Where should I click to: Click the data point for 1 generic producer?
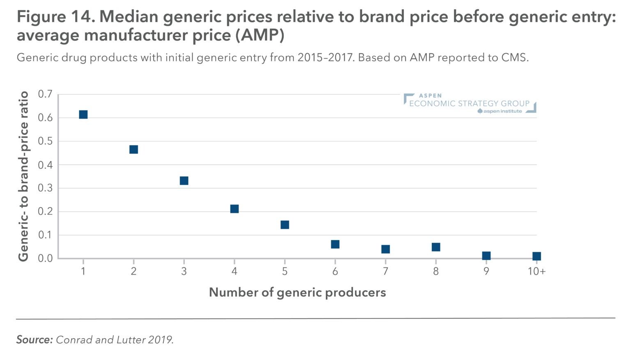83,114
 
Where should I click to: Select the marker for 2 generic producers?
134,149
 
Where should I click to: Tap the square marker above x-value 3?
184,180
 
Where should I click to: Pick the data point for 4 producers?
234,209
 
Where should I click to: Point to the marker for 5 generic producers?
285,224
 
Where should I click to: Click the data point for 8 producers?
436,247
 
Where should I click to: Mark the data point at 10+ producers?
537,256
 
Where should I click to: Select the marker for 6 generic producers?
335,244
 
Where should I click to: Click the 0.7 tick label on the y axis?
45,94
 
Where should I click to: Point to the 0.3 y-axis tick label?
45,188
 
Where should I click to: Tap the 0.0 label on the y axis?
45,258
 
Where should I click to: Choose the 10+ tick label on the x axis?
537,271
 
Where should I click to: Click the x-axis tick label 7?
385,271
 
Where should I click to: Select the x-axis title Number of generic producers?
297,292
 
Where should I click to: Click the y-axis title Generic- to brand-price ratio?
23,176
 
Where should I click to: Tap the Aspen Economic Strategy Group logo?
470,103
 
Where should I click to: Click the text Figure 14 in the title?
55,17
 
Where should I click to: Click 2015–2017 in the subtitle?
325,57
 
